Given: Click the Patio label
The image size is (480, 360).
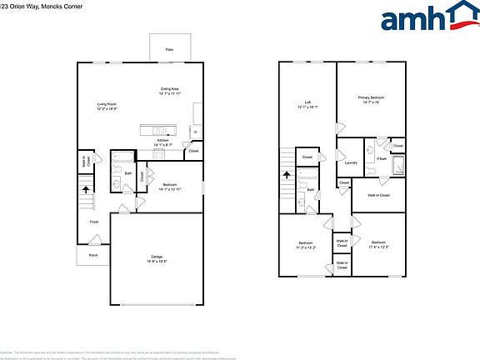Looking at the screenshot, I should [169, 50].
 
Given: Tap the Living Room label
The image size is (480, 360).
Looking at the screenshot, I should [107, 104].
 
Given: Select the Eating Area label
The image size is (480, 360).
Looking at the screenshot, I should [170, 88].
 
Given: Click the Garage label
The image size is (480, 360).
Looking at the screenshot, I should [157, 256].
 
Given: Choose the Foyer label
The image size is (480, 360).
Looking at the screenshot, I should [94, 222].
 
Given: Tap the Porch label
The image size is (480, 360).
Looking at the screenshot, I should [92, 255].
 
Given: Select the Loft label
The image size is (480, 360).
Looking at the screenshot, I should [307, 102].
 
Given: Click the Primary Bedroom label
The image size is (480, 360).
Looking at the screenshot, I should [371, 97].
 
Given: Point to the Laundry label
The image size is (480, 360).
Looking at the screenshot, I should [351, 162].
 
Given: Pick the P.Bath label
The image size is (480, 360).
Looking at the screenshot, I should [382, 159].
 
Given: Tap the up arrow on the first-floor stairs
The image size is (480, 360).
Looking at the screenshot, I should [85, 189].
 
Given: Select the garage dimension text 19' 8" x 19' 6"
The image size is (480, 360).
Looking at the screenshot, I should [157, 262].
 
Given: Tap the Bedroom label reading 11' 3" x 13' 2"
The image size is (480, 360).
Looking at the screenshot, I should [306, 243].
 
